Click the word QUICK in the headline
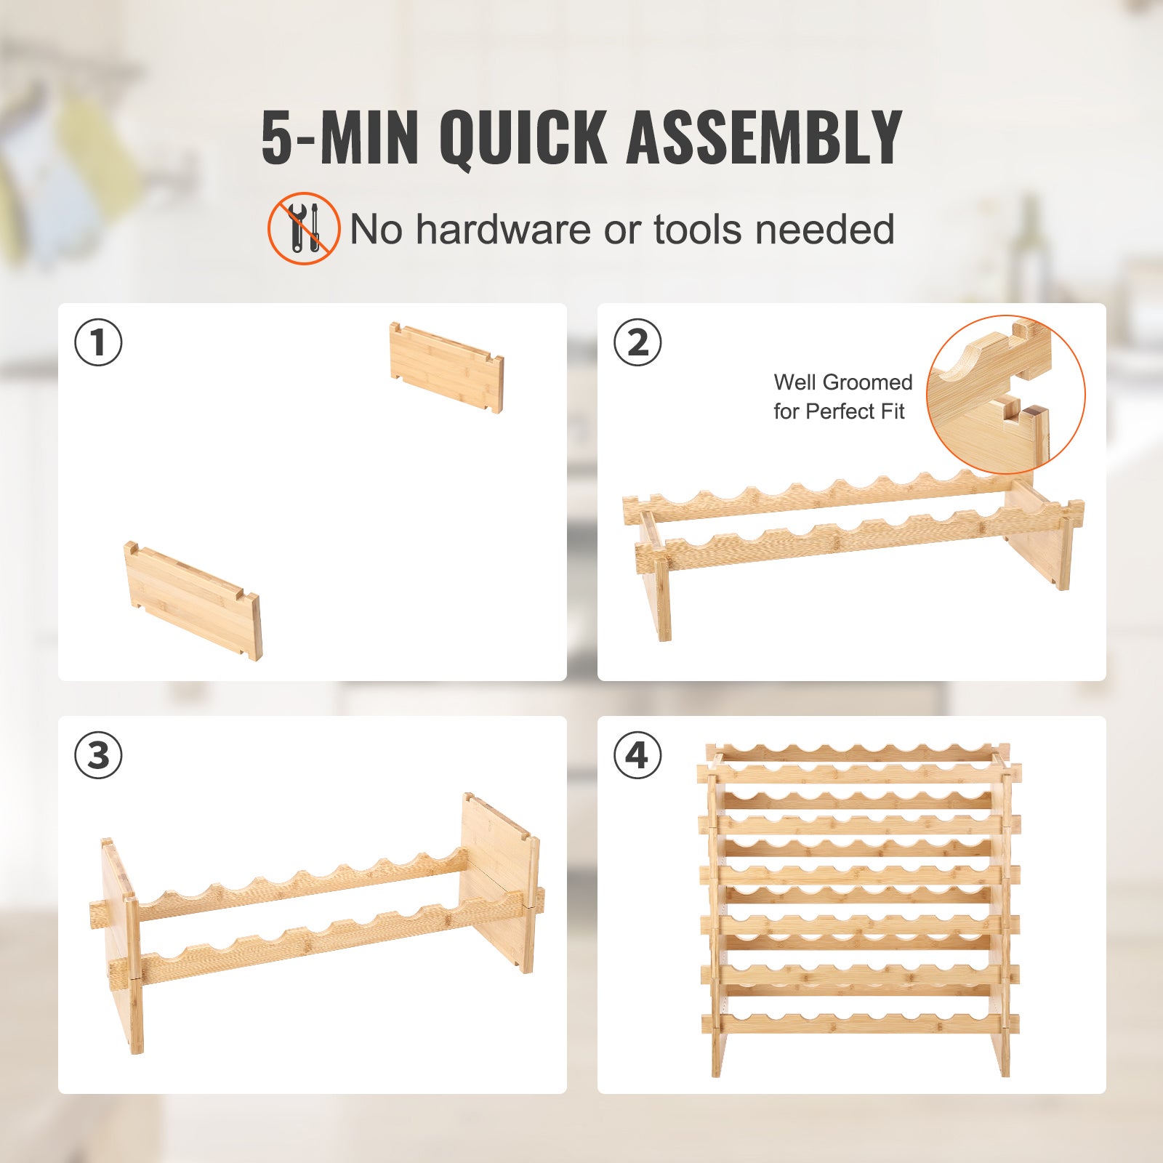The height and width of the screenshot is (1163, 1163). (x=522, y=137)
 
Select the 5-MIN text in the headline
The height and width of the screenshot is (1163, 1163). (x=339, y=137)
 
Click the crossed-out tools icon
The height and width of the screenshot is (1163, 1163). (x=304, y=228)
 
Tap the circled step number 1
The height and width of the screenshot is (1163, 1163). (x=98, y=342)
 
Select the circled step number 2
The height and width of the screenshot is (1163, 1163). (x=637, y=342)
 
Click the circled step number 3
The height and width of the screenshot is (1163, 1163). (x=98, y=754)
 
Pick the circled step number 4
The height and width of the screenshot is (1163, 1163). (x=637, y=754)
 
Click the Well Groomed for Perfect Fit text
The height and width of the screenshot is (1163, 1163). (x=842, y=397)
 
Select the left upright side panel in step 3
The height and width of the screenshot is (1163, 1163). (x=121, y=945)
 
